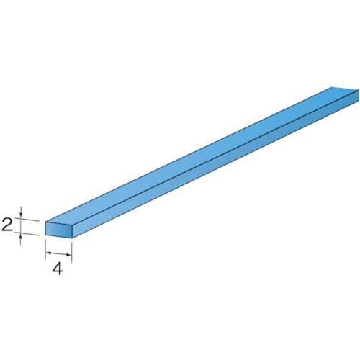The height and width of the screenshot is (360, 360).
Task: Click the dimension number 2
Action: [7, 225]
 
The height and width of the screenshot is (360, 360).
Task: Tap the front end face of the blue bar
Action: [58, 229]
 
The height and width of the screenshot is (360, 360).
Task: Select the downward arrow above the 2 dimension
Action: [21, 215]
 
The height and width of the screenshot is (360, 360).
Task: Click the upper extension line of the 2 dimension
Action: [29, 220]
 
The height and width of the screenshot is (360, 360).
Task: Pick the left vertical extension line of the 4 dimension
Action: [45, 248]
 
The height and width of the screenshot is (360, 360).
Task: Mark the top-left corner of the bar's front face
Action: [45, 222]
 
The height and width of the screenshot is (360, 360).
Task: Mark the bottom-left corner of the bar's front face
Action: [45, 235]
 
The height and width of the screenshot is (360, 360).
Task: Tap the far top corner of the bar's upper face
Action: [333, 87]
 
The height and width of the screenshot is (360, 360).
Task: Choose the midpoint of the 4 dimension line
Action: [59, 253]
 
